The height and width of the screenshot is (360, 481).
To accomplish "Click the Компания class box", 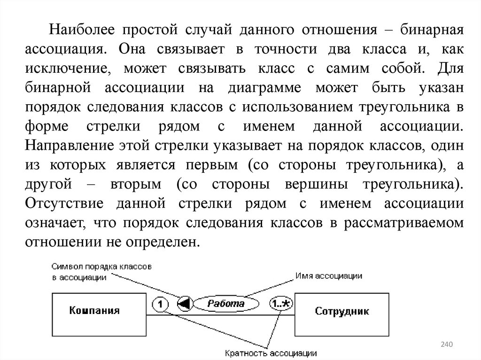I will (x=94, y=311).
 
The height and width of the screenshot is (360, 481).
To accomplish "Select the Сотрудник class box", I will (x=342, y=311).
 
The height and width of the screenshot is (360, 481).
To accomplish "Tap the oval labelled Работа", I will (x=226, y=304).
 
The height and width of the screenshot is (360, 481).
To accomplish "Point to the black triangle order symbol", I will (x=185, y=304).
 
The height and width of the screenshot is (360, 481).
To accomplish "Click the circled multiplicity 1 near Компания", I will (x=160, y=305).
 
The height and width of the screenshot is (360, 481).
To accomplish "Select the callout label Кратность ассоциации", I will (x=270, y=352).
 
